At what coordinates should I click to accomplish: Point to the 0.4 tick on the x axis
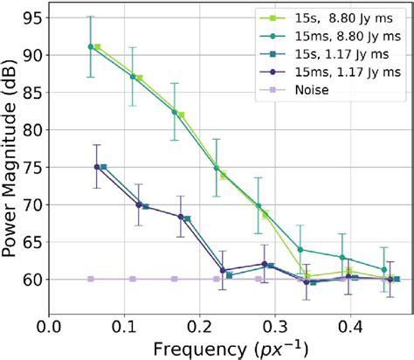coord(350,323)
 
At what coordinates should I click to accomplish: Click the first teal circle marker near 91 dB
coord(91,46)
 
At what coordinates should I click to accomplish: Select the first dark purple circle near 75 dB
coord(97,167)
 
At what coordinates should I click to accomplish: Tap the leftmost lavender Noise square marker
coord(91,279)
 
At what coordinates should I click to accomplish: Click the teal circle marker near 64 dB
coord(300,249)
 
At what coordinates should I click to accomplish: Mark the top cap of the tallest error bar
coord(91,17)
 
